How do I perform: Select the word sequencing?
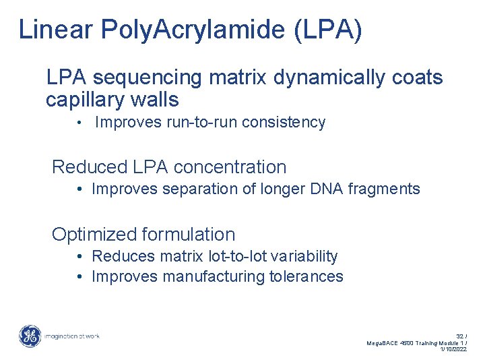pyautogui.click(x=153, y=78)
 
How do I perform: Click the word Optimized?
pyautogui.click(x=94, y=235)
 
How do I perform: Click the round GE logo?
pyautogui.click(x=30, y=336)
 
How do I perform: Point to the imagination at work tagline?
pyautogui.click(x=72, y=336)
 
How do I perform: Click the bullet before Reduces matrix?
pyautogui.click(x=79, y=256)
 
